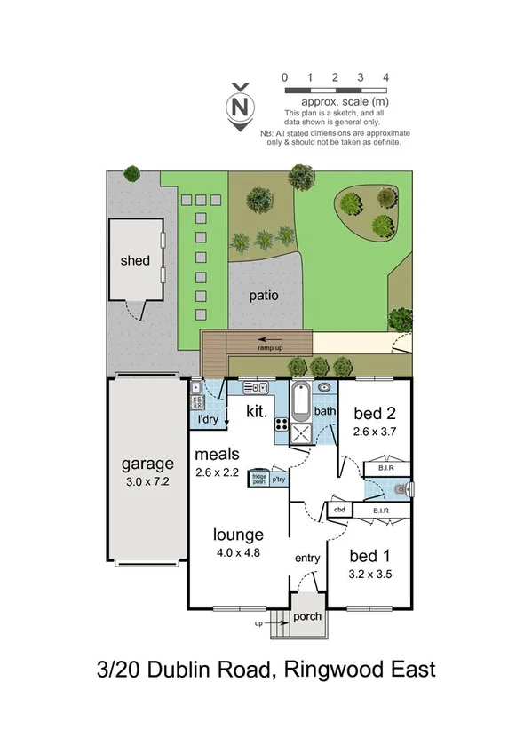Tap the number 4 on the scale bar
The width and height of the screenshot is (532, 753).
click(x=385, y=78)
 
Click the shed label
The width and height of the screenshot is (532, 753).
click(x=135, y=261)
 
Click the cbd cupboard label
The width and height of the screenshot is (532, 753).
click(x=339, y=511)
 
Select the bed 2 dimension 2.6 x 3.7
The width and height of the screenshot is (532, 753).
click(x=373, y=432)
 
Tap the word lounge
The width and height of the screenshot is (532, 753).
click(x=238, y=535)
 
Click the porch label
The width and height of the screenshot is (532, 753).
click(x=307, y=616)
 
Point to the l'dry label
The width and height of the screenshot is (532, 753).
click(x=210, y=419)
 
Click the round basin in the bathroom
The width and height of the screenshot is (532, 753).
click(x=324, y=387)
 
